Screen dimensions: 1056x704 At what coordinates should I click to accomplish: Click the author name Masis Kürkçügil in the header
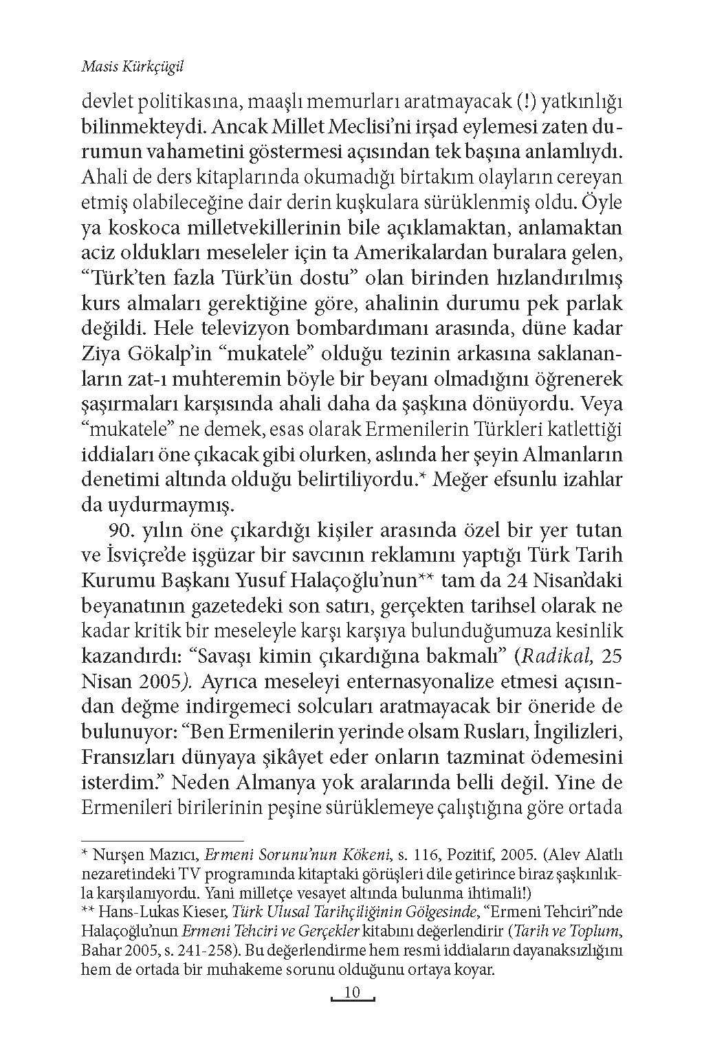tap(126, 67)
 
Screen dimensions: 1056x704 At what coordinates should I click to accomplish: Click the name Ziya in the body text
tap(100, 353)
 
